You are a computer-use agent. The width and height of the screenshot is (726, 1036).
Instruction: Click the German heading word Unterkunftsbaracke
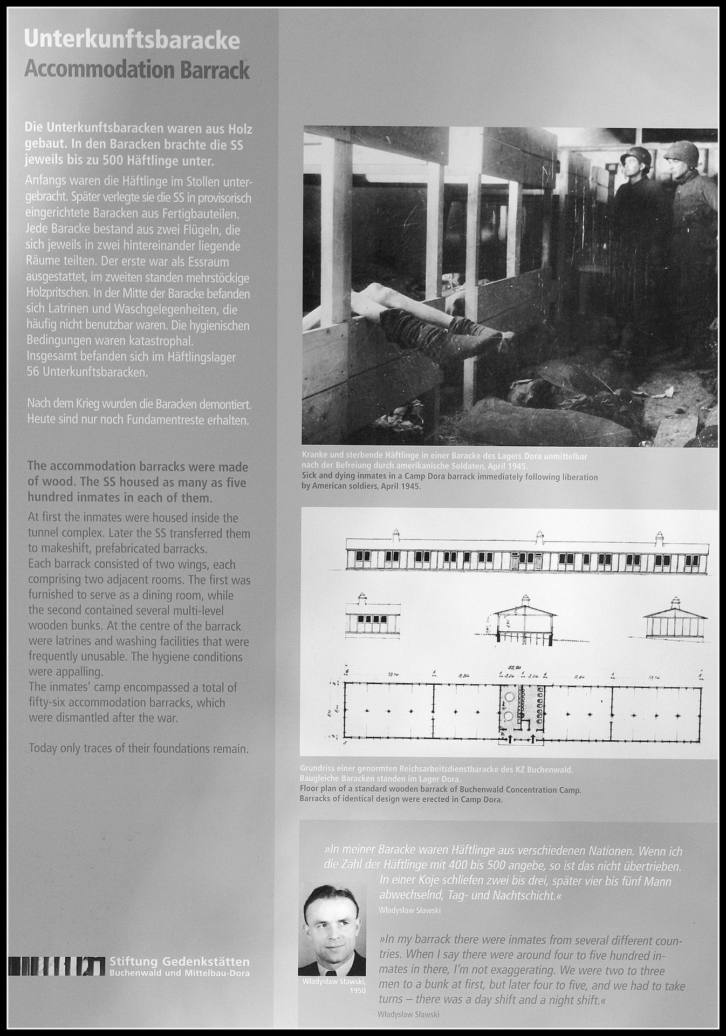(x=132, y=40)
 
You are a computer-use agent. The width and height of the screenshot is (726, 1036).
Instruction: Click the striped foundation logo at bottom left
(x=56, y=965)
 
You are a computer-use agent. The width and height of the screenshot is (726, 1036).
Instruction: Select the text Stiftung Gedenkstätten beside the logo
(x=180, y=962)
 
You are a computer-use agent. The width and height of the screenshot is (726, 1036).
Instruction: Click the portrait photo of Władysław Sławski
(x=332, y=928)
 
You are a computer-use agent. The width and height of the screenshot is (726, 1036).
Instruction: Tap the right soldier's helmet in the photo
(x=681, y=152)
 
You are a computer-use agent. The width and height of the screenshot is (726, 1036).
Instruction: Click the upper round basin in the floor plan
(x=509, y=697)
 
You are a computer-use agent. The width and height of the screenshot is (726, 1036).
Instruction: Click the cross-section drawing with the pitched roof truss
(x=524, y=621)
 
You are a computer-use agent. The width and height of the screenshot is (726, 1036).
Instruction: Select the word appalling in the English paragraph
(x=77, y=672)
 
